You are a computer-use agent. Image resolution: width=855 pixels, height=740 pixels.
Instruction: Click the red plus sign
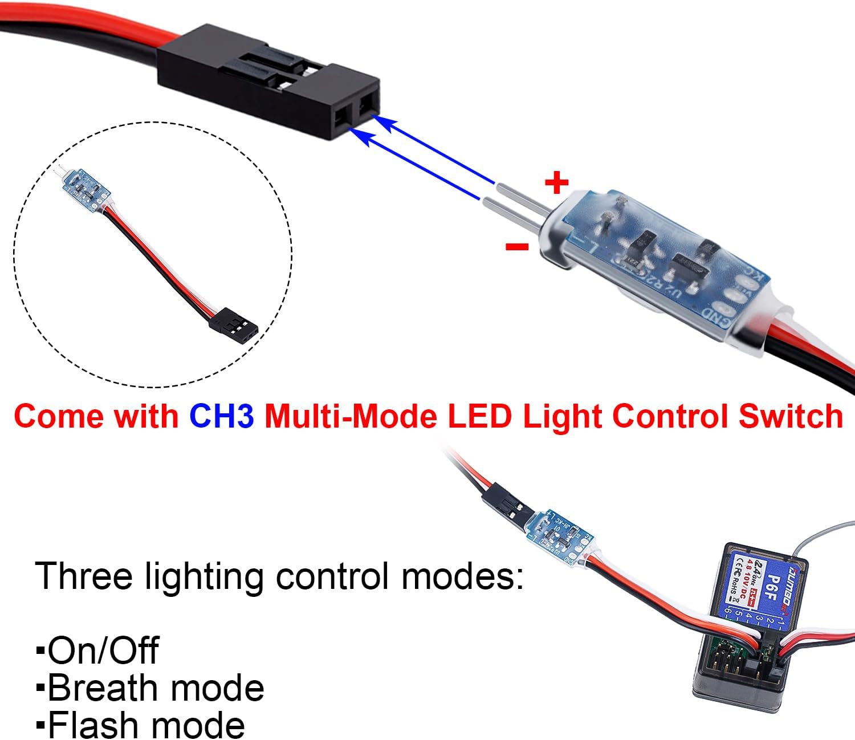point(556,183)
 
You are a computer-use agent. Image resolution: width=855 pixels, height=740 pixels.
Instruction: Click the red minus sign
point(517,246)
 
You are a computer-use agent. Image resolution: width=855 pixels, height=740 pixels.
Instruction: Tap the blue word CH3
point(222,416)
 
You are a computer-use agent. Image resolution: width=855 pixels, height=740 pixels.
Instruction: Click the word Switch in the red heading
point(790,416)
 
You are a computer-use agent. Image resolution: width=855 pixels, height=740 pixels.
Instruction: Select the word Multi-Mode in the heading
point(350,416)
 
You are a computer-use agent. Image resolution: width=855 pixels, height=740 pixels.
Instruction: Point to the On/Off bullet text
point(103,650)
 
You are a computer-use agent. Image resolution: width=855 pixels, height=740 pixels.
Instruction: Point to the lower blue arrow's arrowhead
point(356,133)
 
